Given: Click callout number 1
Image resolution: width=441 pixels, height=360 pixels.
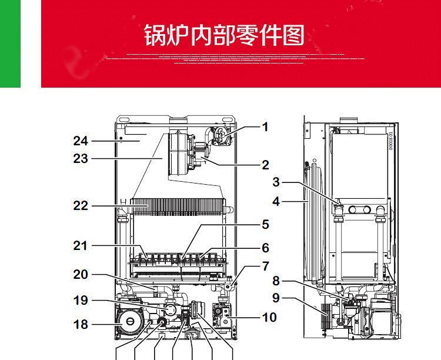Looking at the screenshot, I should point(265,126).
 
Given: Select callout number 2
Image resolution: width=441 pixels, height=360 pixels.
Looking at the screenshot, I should point(266,165).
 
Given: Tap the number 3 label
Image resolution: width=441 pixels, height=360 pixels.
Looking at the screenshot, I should point(276,182).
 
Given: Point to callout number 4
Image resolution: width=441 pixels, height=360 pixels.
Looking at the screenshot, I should point(276,202).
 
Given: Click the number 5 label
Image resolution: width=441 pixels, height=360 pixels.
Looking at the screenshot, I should point(265,225).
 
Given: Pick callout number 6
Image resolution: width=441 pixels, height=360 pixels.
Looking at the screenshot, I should point(265,248).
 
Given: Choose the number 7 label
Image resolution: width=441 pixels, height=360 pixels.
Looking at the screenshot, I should point(266,266).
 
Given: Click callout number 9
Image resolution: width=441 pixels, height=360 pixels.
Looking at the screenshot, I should point(276,298).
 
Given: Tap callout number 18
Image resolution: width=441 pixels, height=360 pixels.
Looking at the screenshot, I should point(81,325).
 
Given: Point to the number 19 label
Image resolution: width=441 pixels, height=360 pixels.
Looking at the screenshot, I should point(81,301).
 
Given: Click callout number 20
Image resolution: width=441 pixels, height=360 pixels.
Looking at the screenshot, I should point(81,275).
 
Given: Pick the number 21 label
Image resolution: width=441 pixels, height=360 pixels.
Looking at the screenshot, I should point(81,245).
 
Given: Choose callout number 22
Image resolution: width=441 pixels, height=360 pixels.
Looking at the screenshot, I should point(81,206).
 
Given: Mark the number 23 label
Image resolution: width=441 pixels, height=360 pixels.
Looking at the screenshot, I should point(81,159).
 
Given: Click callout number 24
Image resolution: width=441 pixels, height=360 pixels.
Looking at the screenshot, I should point(81,141).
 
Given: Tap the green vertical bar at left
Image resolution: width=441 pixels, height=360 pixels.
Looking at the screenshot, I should point(10,44).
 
